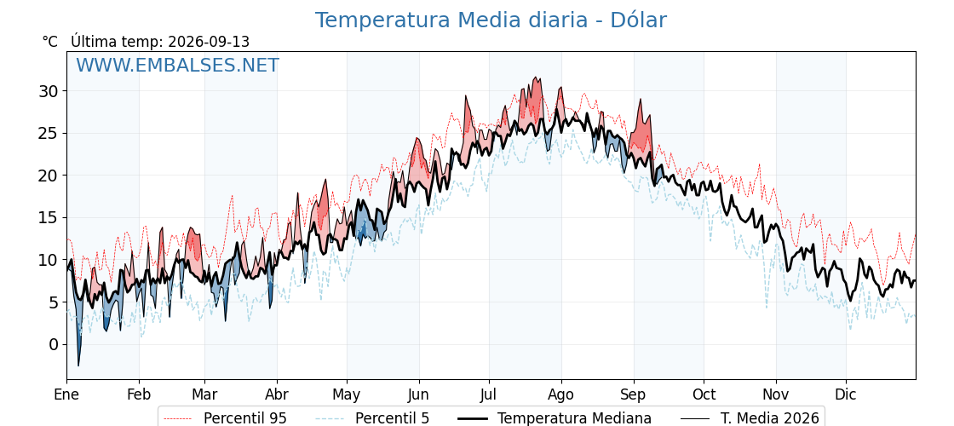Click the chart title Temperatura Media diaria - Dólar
491,20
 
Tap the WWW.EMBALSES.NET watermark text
177,65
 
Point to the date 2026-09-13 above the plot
209,42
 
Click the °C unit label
50,42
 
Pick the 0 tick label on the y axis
55,345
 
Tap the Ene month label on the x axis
66,395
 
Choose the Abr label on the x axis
277,395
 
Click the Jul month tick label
489,395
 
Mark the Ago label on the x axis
561,395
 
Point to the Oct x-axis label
704,395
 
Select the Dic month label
846,395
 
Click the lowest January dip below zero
78,366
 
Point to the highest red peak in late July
535,78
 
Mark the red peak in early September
640,99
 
